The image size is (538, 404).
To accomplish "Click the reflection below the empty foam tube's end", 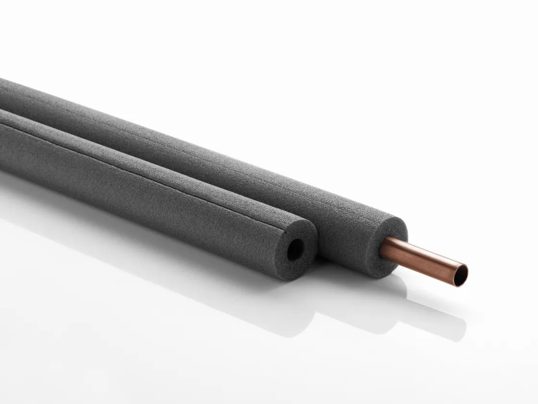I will (288, 308).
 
